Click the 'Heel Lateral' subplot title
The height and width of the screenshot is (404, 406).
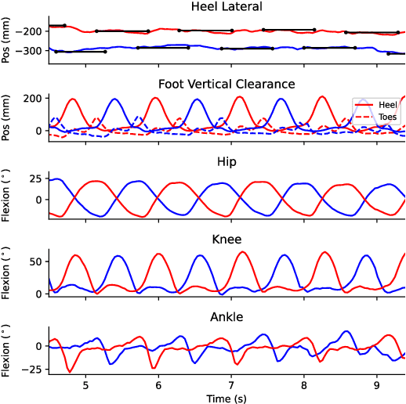pyautogui.click(x=227, y=7)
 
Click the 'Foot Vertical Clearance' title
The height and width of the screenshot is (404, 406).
pyautogui.click(x=227, y=84)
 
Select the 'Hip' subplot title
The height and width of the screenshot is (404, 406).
pyautogui.click(x=227, y=161)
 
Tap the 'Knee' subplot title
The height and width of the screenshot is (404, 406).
pyautogui.click(x=227, y=239)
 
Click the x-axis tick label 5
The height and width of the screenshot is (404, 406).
pyautogui.click(x=85, y=384)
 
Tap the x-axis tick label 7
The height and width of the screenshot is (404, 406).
pyautogui.click(x=231, y=384)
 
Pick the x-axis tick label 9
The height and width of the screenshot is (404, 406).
pyautogui.click(x=377, y=384)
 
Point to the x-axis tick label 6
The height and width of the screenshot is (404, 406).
pyautogui.click(x=158, y=384)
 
